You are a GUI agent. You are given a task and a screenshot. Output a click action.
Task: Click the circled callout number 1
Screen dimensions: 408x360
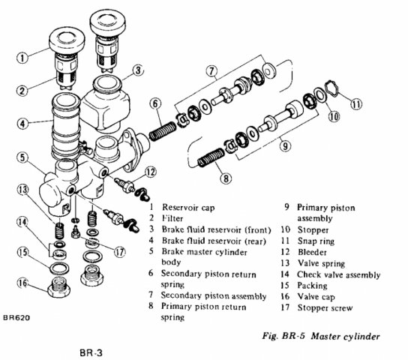pyautogui.click(x=22, y=58)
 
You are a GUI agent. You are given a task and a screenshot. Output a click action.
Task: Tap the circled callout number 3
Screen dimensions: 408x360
pyautogui.click(x=138, y=70)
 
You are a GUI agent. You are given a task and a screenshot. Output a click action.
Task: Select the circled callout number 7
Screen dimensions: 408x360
pyautogui.click(x=211, y=70)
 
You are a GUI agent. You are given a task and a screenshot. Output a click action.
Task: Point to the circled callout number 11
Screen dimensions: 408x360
pyautogui.click(x=356, y=104)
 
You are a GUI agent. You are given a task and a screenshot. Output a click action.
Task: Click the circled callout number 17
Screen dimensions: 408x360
pyautogui.click(x=119, y=252)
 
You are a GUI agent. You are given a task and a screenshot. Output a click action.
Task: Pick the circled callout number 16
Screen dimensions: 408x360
pyautogui.click(x=23, y=283)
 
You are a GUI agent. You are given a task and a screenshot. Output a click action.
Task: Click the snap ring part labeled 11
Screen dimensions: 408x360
pyautogui.click(x=332, y=88)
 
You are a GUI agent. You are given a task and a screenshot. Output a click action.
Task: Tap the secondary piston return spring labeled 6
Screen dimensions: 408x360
pyautogui.click(x=163, y=131)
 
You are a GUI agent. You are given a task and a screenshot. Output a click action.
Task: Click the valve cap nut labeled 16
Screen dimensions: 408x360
pyautogui.click(x=58, y=287)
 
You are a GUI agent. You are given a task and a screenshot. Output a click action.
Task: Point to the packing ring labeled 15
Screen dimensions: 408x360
pyautogui.click(x=59, y=268)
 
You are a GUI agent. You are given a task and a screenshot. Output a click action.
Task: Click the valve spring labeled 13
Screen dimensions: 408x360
pyautogui.click(x=60, y=230)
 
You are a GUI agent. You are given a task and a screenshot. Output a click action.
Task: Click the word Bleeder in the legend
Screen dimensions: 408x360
pyautogui.click(x=312, y=252)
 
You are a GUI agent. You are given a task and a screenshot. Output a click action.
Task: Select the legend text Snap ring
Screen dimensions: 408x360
pyautogui.click(x=316, y=241)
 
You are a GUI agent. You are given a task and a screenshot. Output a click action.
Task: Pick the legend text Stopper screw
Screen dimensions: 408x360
pyautogui.click(x=325, y=307)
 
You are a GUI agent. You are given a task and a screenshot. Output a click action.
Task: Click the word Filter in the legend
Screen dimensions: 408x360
pyautogui.click(x=172, y=218)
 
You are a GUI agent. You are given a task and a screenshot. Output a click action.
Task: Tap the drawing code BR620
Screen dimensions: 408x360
pyautogui.click(x=16, y=317)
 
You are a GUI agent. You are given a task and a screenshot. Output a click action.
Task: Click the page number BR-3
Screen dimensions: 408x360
pyautogui.click(x=91, y=352)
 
